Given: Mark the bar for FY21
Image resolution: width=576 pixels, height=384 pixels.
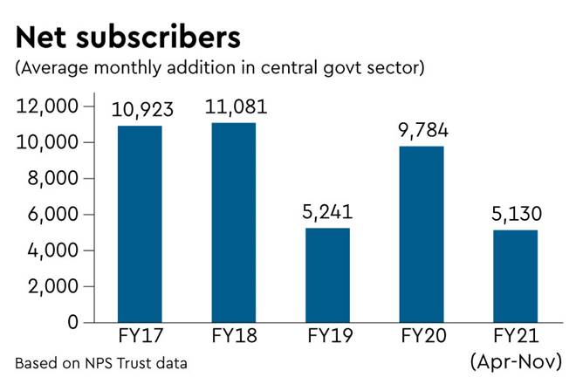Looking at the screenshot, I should click(x=516, y=276).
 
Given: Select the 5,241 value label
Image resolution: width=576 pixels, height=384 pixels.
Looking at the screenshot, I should click(x=331, y=212).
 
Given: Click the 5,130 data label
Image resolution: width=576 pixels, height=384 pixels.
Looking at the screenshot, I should click(x=515, y=215).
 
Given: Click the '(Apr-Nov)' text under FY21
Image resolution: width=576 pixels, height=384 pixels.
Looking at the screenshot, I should click(x=517, y=360).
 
